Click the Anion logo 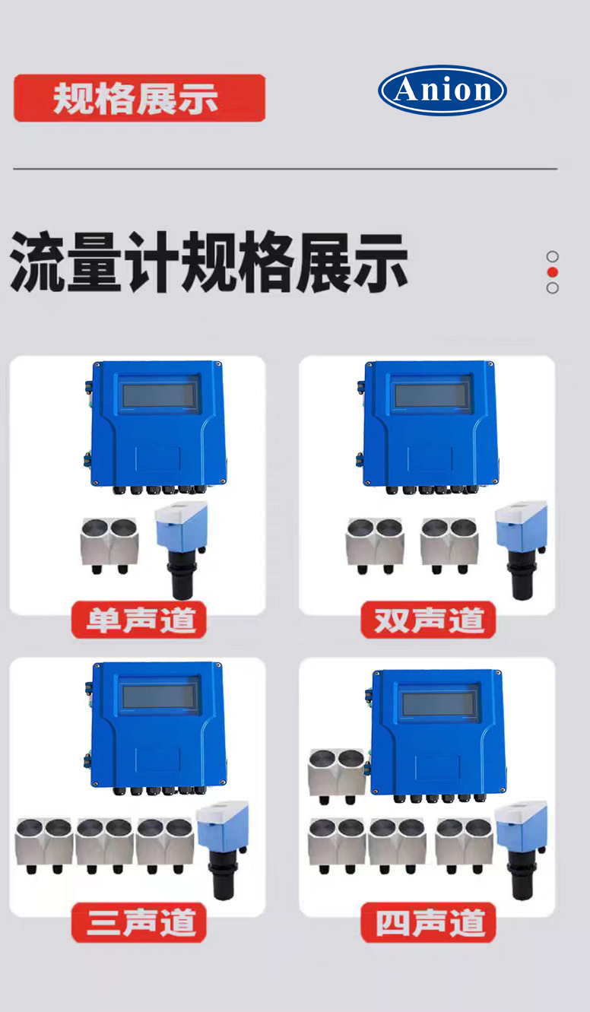pos(442,90)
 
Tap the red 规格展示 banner pos(140,98)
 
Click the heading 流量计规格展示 pos(209,262)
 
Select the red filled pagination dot pos(552,272)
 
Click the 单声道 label pos(139,620)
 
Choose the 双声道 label pos(428,620)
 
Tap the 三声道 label pos(139,922)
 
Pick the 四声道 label pos(428,922)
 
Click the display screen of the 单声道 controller pos(160,394)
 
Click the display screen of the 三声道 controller pos(160,696)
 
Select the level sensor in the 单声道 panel pos(182,550)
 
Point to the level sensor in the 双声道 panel pos(522,550)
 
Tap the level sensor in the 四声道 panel pos(522,850)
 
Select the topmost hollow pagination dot pos(552,257)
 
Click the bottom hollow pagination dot pos(552,288)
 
